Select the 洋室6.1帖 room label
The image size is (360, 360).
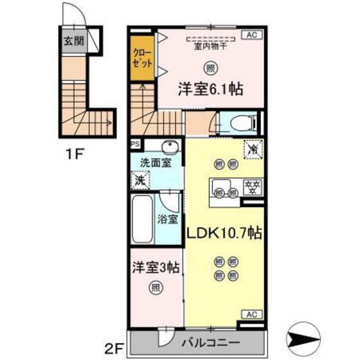[x=210, y=90]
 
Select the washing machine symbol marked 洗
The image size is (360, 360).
[x=139, y=181]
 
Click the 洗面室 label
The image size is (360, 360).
[x=156, y=163]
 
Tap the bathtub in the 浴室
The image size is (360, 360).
[x=141, y=219]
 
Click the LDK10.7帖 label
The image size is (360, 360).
[x=224, y=233]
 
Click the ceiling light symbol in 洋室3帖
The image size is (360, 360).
[x=155, y=287]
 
